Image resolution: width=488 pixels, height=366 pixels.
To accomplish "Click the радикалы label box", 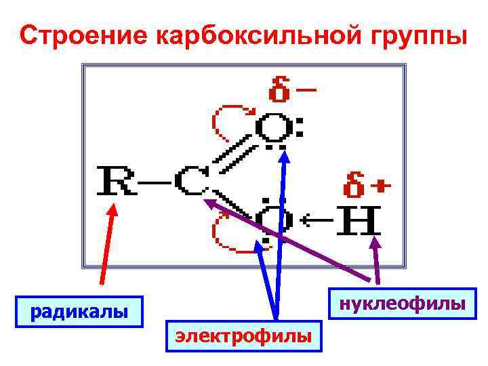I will (x=79, y=312).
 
